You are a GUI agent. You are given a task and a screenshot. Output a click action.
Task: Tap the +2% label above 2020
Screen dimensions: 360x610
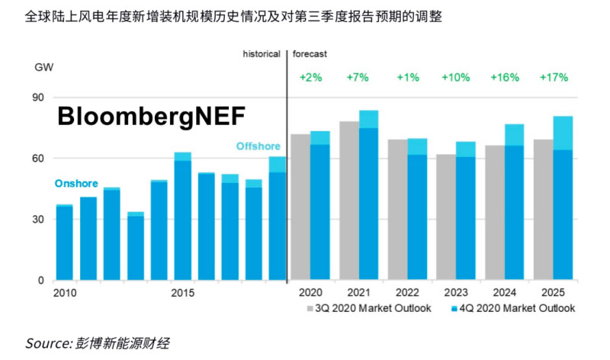310,78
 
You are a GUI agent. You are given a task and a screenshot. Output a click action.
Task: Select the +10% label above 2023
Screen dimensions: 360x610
457,78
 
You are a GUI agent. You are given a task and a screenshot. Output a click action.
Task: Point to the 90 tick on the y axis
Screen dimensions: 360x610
38,98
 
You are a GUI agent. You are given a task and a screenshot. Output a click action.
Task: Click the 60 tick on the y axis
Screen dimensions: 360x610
38,159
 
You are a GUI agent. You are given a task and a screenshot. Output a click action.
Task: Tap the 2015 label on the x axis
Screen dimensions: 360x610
182,293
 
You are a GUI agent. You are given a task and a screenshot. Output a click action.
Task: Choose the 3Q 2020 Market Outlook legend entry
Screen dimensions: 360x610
370,308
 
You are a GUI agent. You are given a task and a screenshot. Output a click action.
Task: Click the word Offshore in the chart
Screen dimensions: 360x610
258,146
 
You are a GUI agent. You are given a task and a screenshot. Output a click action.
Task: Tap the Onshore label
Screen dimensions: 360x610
76,184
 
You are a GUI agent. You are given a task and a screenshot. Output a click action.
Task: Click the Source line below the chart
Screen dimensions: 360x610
97,343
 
